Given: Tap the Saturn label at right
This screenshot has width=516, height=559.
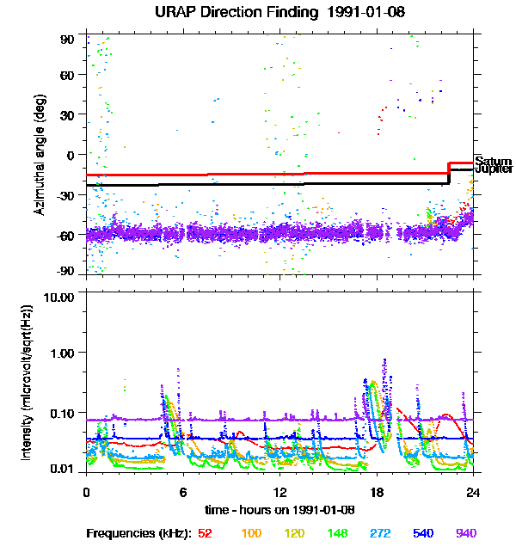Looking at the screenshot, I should point(493,162).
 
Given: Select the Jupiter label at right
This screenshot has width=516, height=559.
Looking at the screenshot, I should point(494,169).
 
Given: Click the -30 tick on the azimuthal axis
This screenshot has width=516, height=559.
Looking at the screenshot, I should point(65,194).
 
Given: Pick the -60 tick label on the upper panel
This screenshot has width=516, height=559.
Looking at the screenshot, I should point(65,234).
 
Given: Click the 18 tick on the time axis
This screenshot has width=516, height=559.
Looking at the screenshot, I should point(377,492).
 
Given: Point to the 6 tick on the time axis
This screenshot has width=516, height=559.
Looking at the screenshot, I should point(183,492).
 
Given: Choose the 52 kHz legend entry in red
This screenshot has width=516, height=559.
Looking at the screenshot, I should point(205,533).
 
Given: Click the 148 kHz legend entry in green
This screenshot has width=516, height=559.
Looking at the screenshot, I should point(338,533).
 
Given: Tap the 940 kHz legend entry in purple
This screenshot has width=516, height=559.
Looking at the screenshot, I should point(464,533).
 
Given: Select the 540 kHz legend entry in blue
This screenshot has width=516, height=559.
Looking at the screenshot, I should point(422,533).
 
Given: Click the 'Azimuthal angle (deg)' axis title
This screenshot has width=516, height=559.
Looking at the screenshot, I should point(40,155).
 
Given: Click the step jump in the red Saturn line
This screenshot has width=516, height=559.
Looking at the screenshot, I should point(449,168).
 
